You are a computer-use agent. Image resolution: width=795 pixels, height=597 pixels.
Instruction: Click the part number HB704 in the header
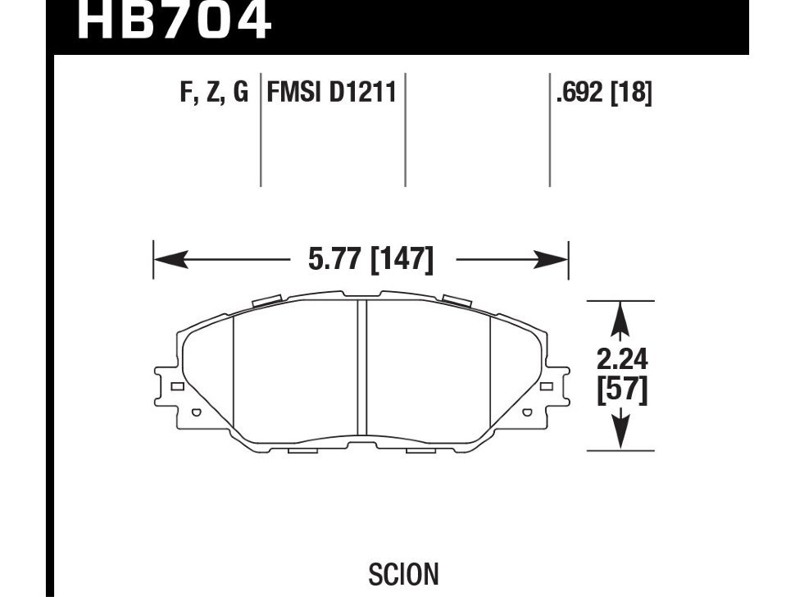pos(173,21)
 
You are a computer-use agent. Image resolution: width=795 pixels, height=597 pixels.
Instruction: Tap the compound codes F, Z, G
pos(214,93)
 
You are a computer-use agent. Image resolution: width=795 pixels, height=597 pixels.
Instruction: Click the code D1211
pos(363,93)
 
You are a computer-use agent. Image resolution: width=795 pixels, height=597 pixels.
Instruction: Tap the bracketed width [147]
pos(402,261)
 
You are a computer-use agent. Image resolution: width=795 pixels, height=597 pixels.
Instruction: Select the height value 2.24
pos(621,359)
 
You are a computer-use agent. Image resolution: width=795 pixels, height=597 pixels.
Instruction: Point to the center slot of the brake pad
pos(361,367)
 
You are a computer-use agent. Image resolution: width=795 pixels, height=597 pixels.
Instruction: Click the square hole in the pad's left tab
pos(175,386)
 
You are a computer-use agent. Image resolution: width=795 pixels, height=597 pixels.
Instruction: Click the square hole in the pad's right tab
pos(547,386)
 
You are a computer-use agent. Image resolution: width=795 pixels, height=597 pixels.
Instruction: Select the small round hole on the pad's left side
pos(195,413)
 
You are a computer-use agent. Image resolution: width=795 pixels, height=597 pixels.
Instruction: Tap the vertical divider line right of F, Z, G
pos(261,131)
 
